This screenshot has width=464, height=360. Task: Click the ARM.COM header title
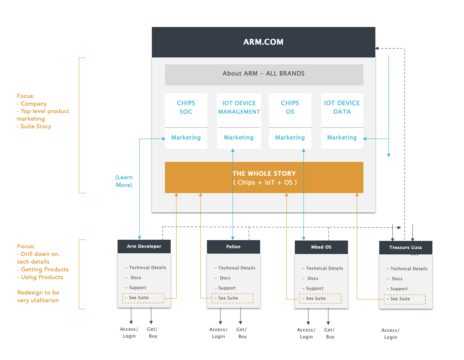coord(263,42)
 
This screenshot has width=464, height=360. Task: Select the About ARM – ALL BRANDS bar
coord(264,73)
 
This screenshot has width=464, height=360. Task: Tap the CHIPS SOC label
coord(186,107)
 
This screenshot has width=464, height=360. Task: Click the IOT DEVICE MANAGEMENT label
coord(239,107)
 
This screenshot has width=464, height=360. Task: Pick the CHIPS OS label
coord(290,107)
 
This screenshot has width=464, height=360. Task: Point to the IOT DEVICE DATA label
coord(342,107)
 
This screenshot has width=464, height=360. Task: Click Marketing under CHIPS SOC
coord(186,138)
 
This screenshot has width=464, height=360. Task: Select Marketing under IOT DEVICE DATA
coord(342,138)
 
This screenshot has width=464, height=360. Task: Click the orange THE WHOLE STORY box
coord(264,178)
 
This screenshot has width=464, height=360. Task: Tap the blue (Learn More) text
coord(124,181)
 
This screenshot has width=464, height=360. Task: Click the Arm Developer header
coord(144,246)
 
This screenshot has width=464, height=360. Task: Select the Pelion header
coord(234,247)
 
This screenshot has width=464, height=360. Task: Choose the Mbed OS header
coord(321,247)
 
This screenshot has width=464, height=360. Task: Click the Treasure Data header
coord(405,247)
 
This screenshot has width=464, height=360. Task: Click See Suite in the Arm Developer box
coord(139,298)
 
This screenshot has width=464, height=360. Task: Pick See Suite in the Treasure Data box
coord(401,299)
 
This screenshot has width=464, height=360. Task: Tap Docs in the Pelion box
coord(225,278)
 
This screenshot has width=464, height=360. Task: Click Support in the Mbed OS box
coord(315,288)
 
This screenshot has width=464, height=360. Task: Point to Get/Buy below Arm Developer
coord(152,333)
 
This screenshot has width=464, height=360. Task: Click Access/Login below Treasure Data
coord(390,334)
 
